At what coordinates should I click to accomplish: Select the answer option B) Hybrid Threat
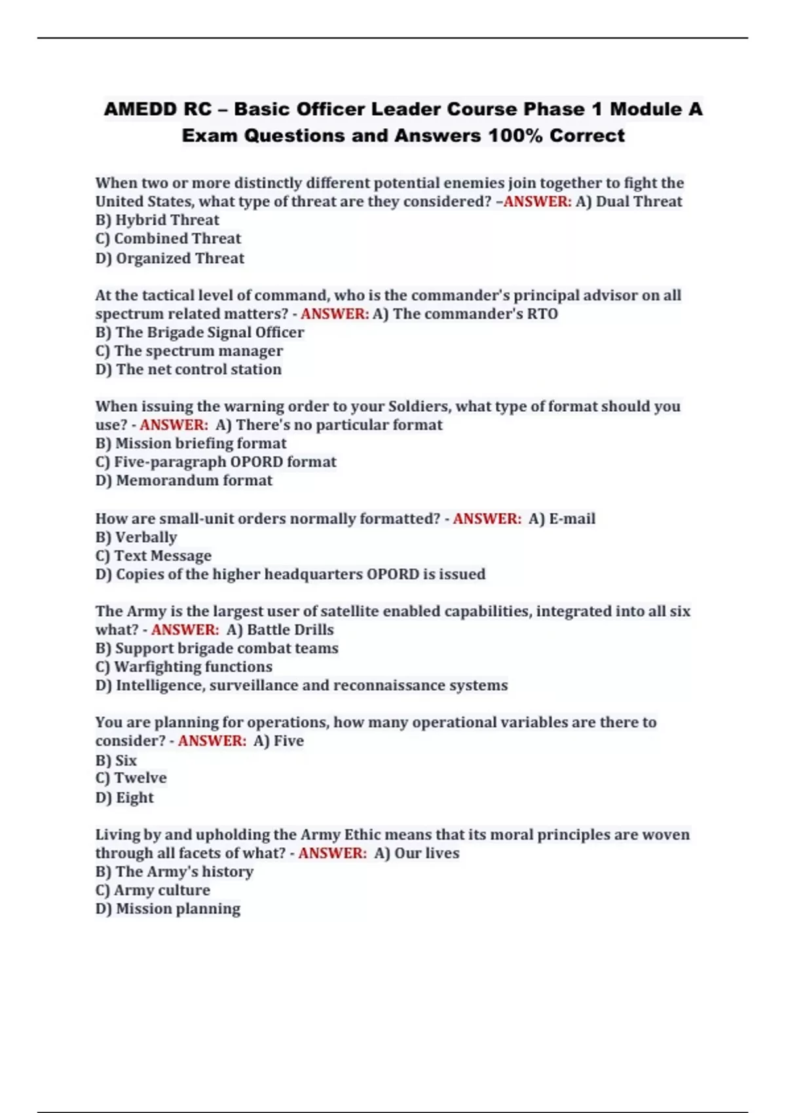click(157, 220)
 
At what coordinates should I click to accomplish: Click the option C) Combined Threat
click(168, 238)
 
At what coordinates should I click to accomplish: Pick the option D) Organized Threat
click(170, 258)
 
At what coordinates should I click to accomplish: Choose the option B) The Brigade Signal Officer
click(200, 332)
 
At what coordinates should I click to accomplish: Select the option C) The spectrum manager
click(189, 351)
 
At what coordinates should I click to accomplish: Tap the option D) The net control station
click(189, 369)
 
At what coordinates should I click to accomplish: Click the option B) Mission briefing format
click(191, 443)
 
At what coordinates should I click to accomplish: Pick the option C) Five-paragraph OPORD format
click(216, 462)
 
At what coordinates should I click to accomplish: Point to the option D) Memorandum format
click(184, 481)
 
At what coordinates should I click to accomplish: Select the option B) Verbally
click(136, 537)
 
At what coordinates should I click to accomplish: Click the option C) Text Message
click(153, 556)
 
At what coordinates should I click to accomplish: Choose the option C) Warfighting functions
click(184, 666)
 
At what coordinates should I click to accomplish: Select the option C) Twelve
click(131, 778)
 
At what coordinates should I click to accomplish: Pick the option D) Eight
click(124, 797)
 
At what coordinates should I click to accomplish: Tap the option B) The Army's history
click(174, 871)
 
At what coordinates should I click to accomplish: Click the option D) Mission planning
click(168, 909)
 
